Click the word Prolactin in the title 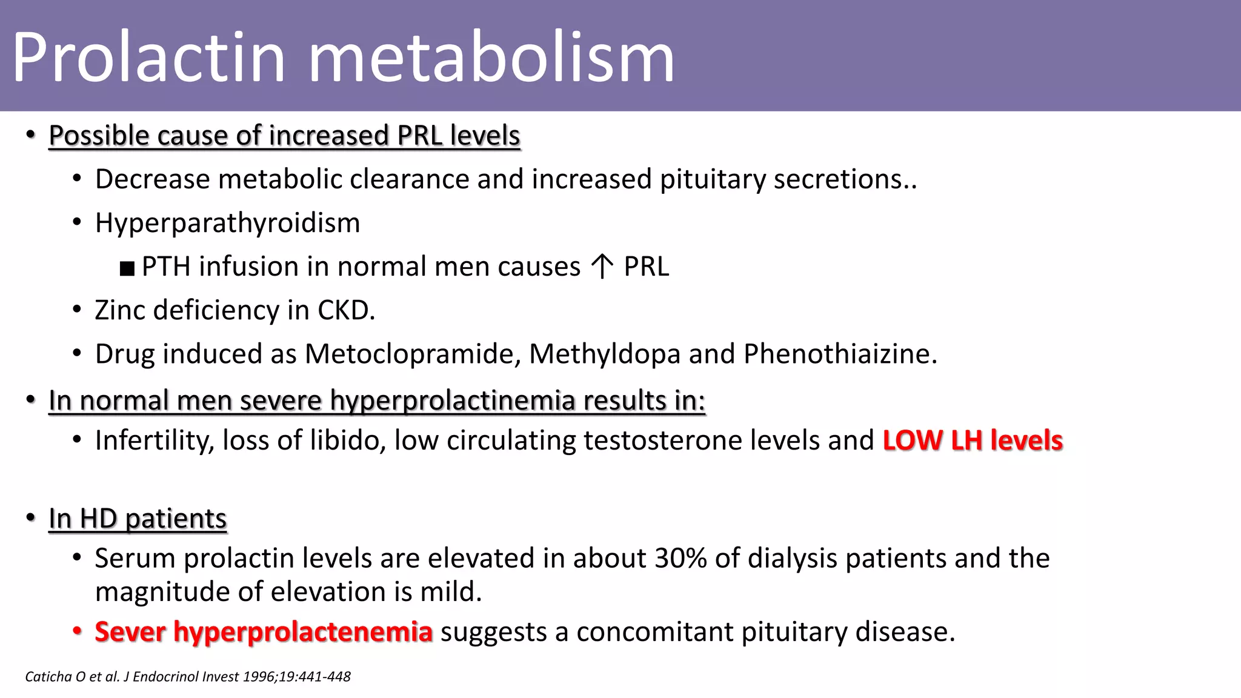148,58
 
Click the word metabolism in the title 491,58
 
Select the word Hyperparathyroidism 227,223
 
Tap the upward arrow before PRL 602,267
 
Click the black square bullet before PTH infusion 127,268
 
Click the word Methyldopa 604,354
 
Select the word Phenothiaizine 840,354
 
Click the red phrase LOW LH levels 973,440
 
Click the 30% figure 680,558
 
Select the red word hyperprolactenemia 302,632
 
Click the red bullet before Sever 77,631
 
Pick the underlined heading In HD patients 138,519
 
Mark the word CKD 345,310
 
